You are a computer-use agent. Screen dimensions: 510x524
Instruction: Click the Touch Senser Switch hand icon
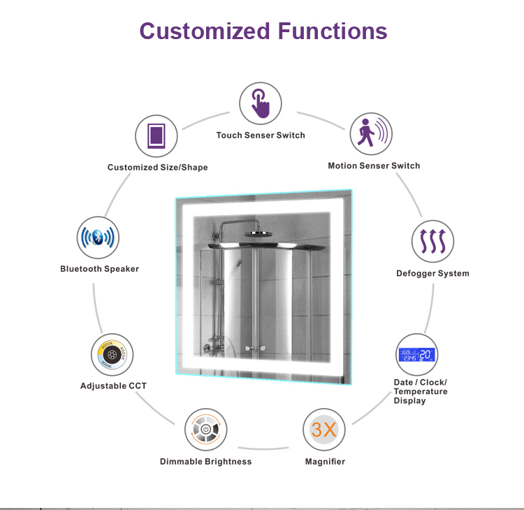[x=261, y=103]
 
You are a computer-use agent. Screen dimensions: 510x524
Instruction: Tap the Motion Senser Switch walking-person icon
[x=370, y=134]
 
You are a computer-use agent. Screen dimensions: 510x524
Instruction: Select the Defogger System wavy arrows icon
[x=432, y=242]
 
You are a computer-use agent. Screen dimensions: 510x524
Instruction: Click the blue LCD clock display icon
[x=417, y=354]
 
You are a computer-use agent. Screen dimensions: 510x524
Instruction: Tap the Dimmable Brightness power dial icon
[x=205, y=430]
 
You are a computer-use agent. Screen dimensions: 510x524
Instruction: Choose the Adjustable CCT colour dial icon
[x=112, y=355]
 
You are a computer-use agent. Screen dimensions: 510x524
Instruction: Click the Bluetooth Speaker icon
[x=98, y=238]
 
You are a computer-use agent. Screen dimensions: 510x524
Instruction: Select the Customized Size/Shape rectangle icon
[x=157, y=135]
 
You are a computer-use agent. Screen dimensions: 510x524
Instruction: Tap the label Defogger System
[x=432, y=273]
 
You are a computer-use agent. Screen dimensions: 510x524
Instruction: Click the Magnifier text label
[x=325, y=462]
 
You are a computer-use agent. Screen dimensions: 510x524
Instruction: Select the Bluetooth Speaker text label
[x=99, y=269]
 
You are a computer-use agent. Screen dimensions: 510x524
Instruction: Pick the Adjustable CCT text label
[x=113, y=386]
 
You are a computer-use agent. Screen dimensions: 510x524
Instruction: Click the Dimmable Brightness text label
[x=205, y=462]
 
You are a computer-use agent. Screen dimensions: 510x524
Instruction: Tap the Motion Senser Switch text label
[x=374, y=166]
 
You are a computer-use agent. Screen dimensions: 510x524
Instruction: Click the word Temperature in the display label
[x=421, y=392]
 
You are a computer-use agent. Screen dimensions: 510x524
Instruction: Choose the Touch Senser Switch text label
[x=261, y=136]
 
